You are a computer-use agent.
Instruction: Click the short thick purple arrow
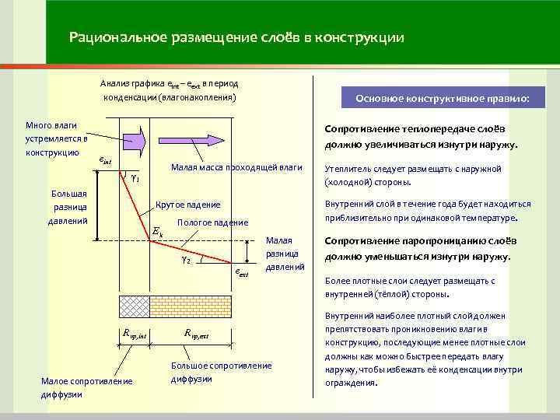[x=133, y=141]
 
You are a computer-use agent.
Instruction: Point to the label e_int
[x=107, y=160]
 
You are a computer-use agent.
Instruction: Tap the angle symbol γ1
[x=134, y=178]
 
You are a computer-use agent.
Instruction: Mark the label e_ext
[x=241, y=273]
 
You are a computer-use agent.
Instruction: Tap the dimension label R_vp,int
[x=135, y=334]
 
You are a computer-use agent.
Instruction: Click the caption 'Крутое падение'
[x=187, y=205]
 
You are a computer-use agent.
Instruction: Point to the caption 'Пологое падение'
[x=213, y=222]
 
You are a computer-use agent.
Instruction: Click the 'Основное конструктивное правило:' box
[x=442, y=100]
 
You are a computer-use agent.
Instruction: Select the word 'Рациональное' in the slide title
[x=114, y=37]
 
